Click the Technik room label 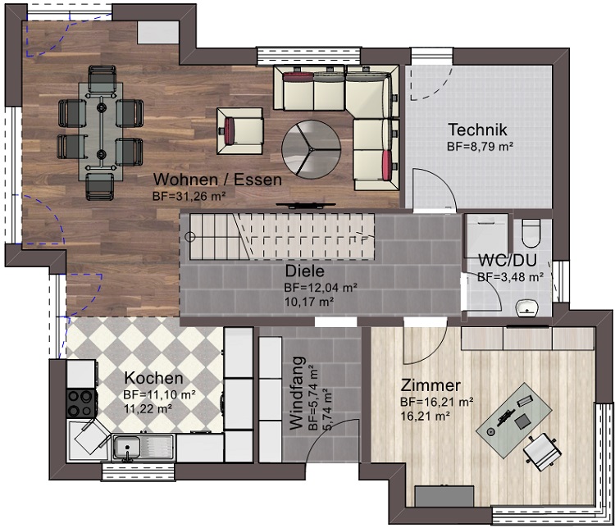tap(477, 130)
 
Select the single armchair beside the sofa tap(239, 131)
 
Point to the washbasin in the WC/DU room tap(527, 307)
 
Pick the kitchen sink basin tap(126, 448)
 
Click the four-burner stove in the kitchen tap(81, 403)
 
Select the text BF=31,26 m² tap(189, 196)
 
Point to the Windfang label tap(297, 393)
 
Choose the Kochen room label tap(154, 378)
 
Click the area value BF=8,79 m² tap(481, 147)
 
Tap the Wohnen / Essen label tap(217, 180)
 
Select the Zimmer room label tap(430, 385)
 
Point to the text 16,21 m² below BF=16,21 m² tap(425, 416)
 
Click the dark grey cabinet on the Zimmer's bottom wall tap(444, 496)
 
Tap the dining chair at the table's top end tap(102, 79)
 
